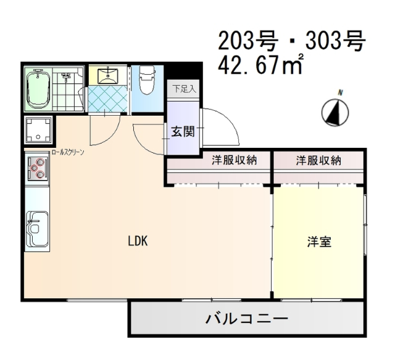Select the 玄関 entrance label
(183, 131)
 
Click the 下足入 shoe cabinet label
(183, 89)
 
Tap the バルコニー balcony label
(246, 320)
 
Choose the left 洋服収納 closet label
(234, 161)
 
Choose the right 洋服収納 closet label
(318, 161)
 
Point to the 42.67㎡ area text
(260, 64)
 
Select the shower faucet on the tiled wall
(68, 77)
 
